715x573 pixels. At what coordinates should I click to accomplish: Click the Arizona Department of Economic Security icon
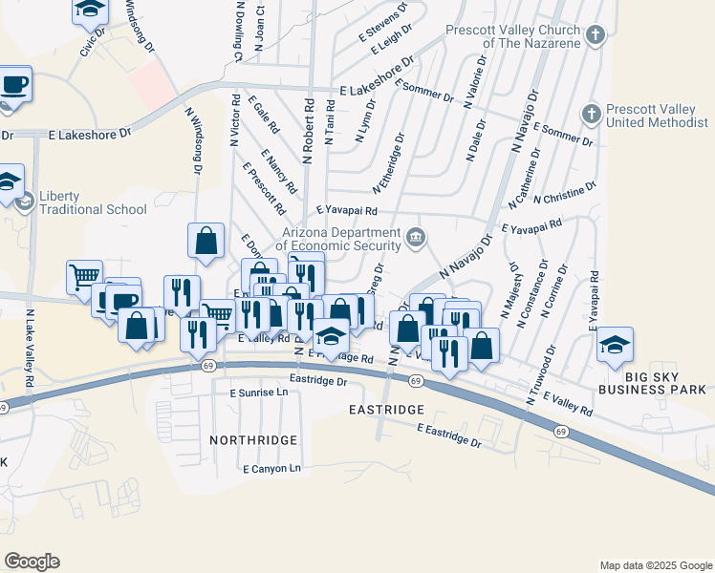[x=415, y=237]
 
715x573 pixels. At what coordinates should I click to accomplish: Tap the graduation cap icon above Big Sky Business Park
[x=615, y=346]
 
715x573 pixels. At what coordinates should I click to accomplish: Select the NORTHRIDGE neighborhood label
[x=253, y=440]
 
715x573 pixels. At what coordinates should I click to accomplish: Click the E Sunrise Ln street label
[x=258, y=393]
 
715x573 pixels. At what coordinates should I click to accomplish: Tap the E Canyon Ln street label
[x=271, y=469]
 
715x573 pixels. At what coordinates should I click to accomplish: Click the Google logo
[x=32, y=562]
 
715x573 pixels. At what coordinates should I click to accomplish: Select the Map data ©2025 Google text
[x=655, y=565]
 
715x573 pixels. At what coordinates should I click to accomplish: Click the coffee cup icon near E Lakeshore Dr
[x=13, y=84]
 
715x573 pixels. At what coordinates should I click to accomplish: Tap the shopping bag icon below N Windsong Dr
[x=206, y=243]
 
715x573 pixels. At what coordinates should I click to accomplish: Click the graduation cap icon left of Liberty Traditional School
[x=8, y=181]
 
